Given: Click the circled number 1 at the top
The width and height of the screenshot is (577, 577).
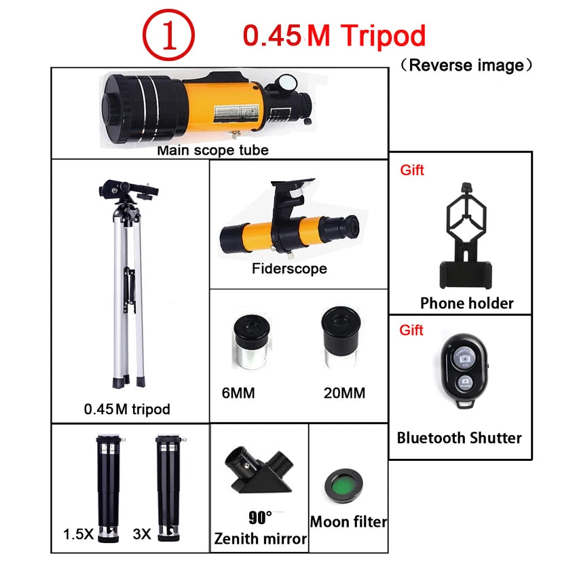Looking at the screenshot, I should pos(168,36).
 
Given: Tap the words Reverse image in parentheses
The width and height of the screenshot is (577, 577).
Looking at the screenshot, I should pos(467,65).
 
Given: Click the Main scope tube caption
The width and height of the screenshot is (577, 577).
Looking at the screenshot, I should pos(212,150).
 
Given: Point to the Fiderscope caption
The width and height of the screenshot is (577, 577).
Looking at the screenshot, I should pos(289,269).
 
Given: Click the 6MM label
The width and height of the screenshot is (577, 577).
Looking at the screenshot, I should pos(238,393).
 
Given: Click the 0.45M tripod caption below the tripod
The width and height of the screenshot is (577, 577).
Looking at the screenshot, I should pos(127,409).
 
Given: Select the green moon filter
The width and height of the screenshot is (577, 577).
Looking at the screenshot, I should pos(344,484).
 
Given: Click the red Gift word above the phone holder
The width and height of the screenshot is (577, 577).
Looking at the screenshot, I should pos(412,170).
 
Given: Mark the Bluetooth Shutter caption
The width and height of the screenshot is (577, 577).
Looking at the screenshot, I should pos(460,438).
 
